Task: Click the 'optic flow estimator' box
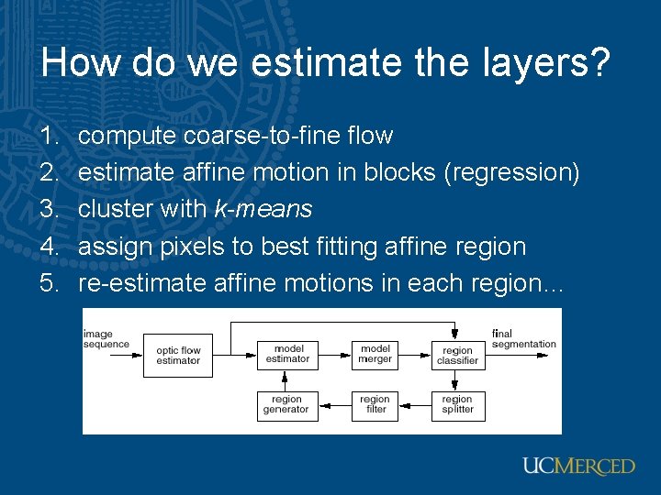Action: click(x=178, y=355)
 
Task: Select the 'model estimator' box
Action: click(x=287, y=354)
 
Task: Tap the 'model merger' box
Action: click(x=375, y=354)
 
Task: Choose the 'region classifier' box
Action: click(x=457, y=355)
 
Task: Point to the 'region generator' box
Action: click(x=286, y=404)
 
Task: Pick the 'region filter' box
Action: click(x=375, y=404)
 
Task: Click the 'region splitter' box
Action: click(x=457, y=404)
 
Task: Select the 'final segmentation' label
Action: click(x=523, y=339)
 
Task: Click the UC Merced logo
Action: click(x=578, y=466)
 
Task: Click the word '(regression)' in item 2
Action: click(x=510, y=172)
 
